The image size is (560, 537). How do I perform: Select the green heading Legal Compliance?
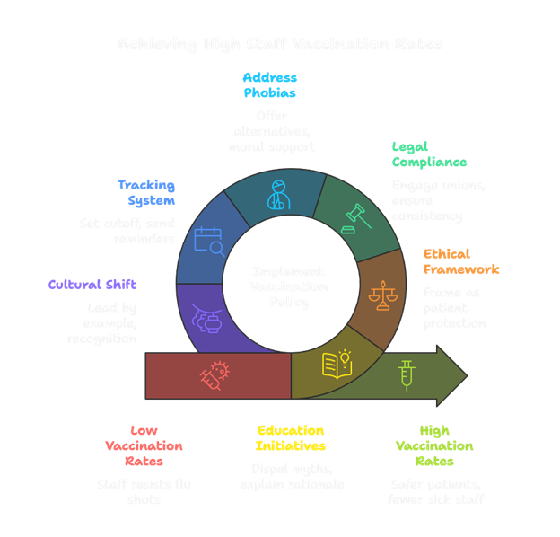tap(429, 154)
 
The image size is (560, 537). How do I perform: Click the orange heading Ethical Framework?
tap(461, 260)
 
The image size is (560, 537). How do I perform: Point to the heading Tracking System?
tap(145, 192)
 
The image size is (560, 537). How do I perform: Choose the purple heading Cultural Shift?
tap(92, 285)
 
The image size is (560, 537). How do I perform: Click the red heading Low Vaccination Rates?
tap(144, 445)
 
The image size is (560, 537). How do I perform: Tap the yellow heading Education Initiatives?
tap(291, 437)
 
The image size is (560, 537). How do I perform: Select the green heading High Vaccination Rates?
tap(434, 445)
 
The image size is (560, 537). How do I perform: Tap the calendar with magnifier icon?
tap(209, 240)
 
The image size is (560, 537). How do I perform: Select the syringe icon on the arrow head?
tap(407, 374)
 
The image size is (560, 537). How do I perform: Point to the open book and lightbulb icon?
tap(337, 365)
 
